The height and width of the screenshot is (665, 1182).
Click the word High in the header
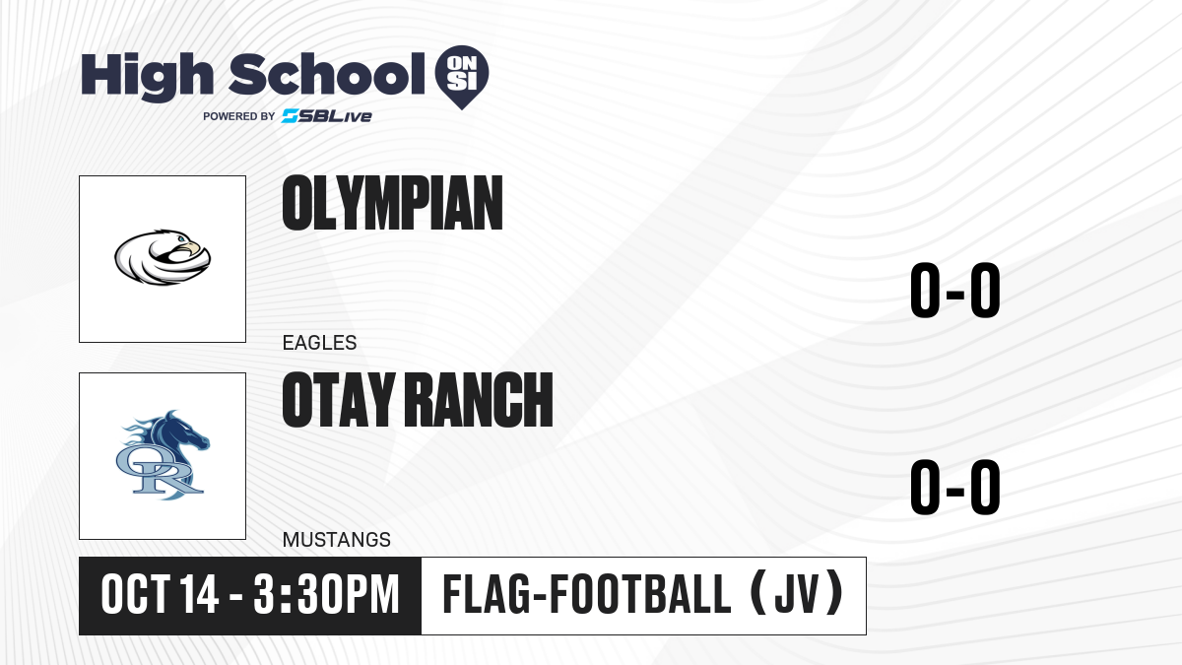(147, 76)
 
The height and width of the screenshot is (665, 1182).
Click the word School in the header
(327, 74)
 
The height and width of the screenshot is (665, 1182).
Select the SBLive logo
(327, 116)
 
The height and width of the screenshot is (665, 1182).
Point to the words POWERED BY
(239, 116)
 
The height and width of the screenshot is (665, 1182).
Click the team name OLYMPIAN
(392, 203)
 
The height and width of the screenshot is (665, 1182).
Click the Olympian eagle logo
(163, 257)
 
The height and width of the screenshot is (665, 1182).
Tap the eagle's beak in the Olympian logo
(193, 248)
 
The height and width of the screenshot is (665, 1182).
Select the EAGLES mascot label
(319, 343)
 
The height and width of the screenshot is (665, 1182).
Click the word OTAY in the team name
(339, 400)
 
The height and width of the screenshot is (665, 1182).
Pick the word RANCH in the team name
(482, 400)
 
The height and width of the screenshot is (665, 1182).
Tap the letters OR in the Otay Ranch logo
(160, 472)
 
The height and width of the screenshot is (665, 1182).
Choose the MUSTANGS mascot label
(337, 540)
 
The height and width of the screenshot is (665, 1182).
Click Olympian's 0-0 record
(955, 291)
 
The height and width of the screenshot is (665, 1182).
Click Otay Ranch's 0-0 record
(955, 487)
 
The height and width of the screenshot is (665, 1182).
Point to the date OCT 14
(160, 595)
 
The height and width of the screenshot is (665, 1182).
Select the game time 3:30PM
(327, 595)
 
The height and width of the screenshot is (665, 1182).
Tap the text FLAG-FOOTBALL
(587, 595)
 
